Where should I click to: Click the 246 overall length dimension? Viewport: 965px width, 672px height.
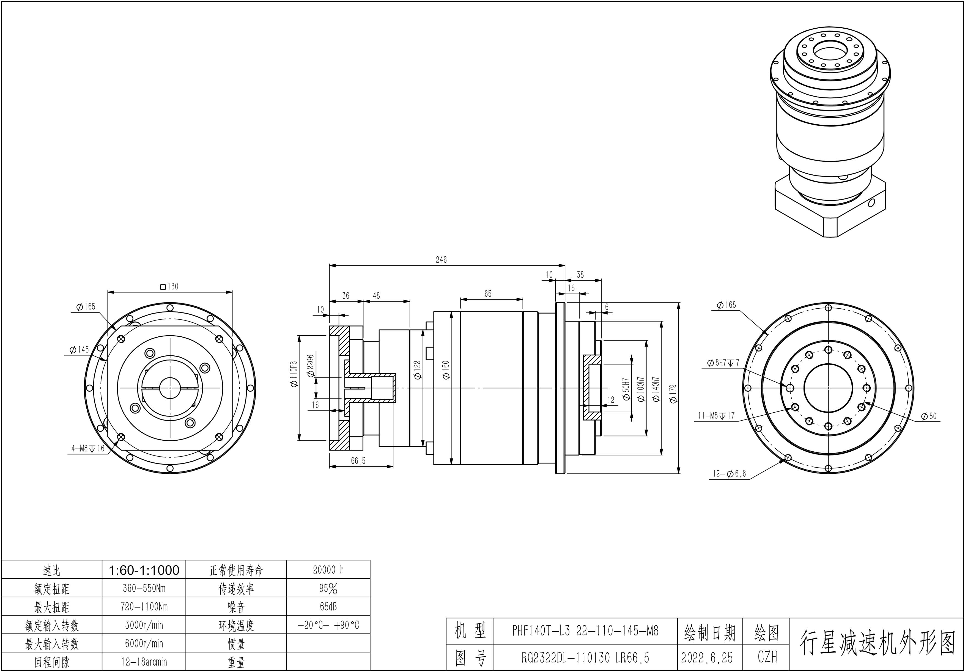[441, 260]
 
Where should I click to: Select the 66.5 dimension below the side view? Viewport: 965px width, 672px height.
[358, 461]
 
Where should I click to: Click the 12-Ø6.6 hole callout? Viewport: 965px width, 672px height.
[729, 474]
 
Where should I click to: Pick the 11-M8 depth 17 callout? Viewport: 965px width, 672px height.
[716, 416]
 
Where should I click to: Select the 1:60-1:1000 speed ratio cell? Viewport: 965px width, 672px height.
[144, 570]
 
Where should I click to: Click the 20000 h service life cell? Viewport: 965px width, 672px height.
[328, 570]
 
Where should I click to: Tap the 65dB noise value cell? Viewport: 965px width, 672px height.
[328, 607]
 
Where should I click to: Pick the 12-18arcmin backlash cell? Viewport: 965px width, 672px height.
[144, 662]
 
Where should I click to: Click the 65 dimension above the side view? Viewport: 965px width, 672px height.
[487, 294]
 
